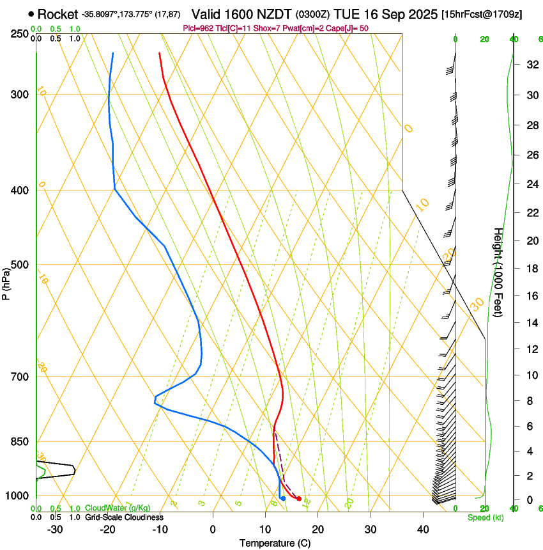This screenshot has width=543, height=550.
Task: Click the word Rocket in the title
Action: point(57,14)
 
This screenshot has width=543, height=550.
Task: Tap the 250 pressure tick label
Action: point(20,33)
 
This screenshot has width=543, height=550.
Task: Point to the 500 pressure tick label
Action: point(20,265)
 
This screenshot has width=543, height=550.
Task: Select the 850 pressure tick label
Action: point(20,442)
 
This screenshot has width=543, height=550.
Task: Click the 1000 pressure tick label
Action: point(18,496)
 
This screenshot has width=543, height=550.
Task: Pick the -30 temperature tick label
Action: point(54,529)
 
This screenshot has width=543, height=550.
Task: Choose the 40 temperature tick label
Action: point(422,529)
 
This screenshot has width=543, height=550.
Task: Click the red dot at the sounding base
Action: point(299,498)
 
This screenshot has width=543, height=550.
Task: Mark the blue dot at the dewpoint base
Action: point(283,498)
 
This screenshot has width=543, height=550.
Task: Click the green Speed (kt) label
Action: point(485,517)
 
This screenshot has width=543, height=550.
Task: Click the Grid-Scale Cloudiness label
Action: point(124,517)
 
